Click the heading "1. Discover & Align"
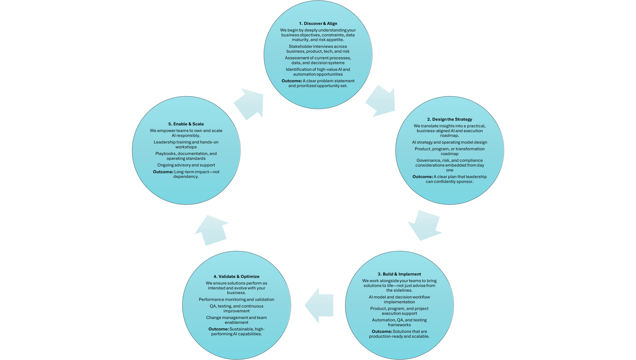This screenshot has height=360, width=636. pyautogui.click(x=318, y=24)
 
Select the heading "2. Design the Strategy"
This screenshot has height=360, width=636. pyautogui.click(x=450, y=119)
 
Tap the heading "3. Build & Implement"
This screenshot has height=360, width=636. pyautogui.click(x=399, y=274)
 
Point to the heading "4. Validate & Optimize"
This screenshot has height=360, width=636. pyautogui.click(x=236, y=277)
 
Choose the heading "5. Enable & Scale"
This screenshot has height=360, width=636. pyautogui.click(x=186, y=124)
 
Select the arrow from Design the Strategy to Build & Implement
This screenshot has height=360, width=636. pyautogui.click(x=424, y=225)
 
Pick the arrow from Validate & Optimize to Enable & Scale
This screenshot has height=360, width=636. pyautogui.click(x=212, y=231)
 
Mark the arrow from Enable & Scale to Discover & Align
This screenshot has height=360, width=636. pyautogui.click(x=249, y=103)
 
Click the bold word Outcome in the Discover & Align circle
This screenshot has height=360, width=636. pyautogui.click(x=291, y=81)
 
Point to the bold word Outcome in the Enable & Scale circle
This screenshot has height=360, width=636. pyautogui.click(x=163, y=172)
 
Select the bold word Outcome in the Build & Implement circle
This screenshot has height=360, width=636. pyautogui.click(x=382, y=332)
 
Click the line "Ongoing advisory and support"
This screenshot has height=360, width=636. pyautogui.click(x=186, y=165)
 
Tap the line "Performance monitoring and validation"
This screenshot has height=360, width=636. pyautogui.click(x=236, y=299)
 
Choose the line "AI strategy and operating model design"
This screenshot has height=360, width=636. pyautogui.click(x=450, y=142)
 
